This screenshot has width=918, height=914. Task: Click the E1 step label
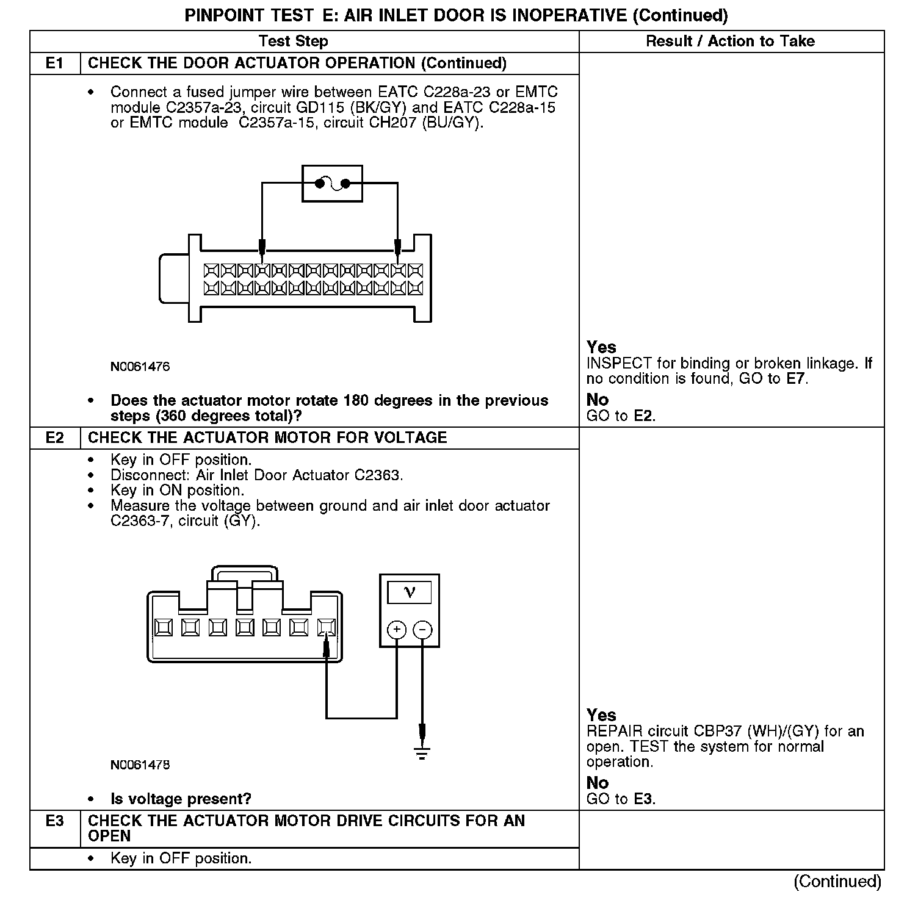pyautogui.click(x=54, y=63)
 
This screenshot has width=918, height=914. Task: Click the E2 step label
pyautogui.click(x=54, y=437)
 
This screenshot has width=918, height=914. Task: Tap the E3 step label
pyautogui.click(x=54, y=821)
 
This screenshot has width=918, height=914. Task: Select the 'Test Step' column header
pyautogui.click(x=293, y=41)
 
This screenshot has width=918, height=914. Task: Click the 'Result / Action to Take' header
pyautogui.click(x=730, y=41)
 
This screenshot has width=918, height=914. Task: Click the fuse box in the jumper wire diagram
pyautogui.click(x=332, y=183)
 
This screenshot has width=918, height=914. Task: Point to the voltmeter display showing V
pyautogui.click(x=409, y=592)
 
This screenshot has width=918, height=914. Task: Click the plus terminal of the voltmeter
pyautogui.click(x=397, y=630)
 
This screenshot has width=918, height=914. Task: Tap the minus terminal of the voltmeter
pyautogui.click(x=422, y=630)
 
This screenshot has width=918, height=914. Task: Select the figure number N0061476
pyautogui.click(x=140, y=367)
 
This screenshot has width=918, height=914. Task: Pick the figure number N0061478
pyautogui.click(x=140, y=765)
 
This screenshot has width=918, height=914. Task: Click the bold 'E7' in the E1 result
pyautogui.click(x=796, y=379)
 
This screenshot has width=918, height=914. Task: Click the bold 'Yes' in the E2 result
pyautogui.click(x=601, y=715)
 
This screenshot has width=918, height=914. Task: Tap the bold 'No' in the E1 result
pyautogui.click(x=598, y=400)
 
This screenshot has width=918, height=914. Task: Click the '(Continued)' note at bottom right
pyautogui.click(x=837, y=882)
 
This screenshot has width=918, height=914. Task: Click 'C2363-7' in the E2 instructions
pyautogui.click(x=139, y=521)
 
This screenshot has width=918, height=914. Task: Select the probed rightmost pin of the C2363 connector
pyautogui.click(x=327, y=627)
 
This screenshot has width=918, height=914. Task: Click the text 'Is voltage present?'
pyautogui.click(x=181, y=799)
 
